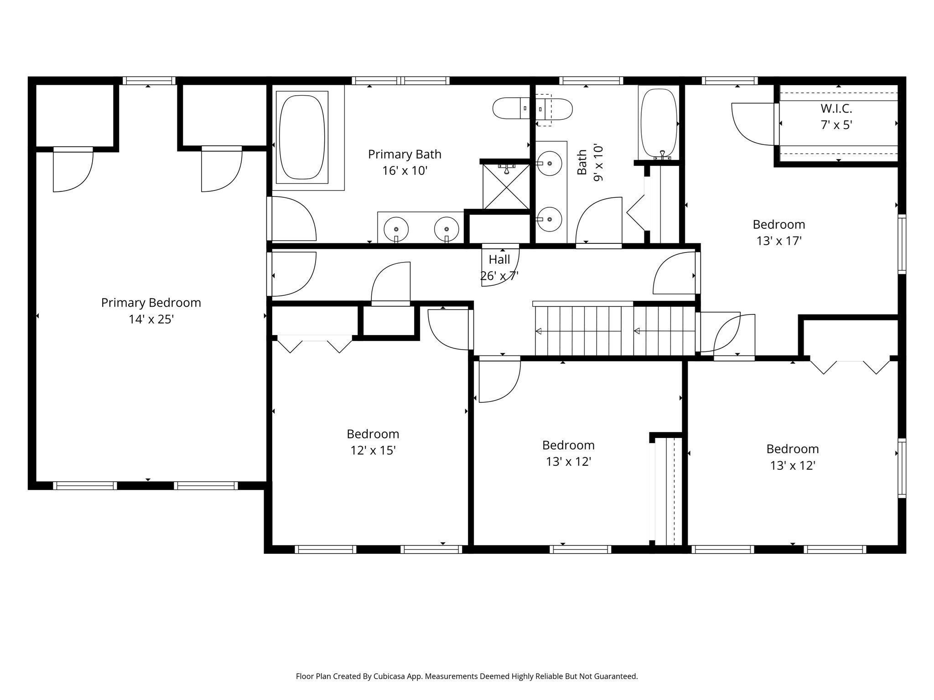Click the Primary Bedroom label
(151, 303)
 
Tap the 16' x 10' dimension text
(405, 171)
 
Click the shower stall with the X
(506, 186)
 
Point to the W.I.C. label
(836, 108)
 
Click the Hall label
(499, 259)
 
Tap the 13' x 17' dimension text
(779, 241)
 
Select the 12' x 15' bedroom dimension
(373, 450)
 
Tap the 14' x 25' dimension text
(151, 319)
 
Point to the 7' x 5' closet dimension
(836, 125)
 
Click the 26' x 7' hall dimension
(499, 276)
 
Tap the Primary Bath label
(405, 154)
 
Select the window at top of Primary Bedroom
(149, 81)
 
